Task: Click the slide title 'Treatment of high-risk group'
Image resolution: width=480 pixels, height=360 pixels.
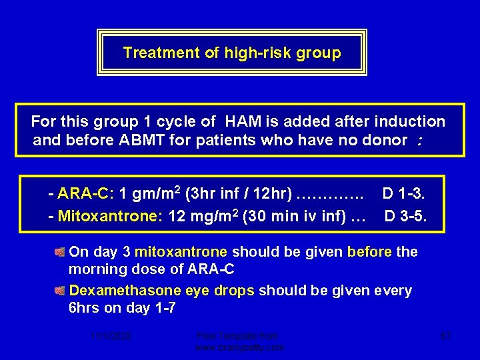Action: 231,53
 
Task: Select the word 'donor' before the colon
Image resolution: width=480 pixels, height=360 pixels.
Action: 385,140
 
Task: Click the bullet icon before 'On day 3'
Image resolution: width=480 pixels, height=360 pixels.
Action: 60,252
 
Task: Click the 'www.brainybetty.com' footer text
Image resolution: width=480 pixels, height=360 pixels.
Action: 239,347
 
